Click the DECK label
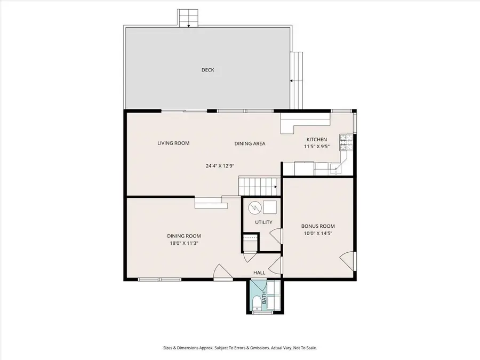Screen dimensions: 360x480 [x=207, y=70]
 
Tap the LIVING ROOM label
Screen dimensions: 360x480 [x=173, y=143]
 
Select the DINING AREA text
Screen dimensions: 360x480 [x=250, y=143]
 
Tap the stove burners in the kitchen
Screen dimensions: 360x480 [x=346, y=141]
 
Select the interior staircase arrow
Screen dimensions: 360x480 [x=273, y=187]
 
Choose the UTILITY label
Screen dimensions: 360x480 [x=263, y=222]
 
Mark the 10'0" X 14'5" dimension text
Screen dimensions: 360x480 [x=318, y=233]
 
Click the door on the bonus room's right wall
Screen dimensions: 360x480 [x=348, y=260]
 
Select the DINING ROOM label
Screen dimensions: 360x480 [x=184, y=236]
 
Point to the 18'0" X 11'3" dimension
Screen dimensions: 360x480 [x=184, y=243]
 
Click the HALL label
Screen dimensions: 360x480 [x=259, y=273]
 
